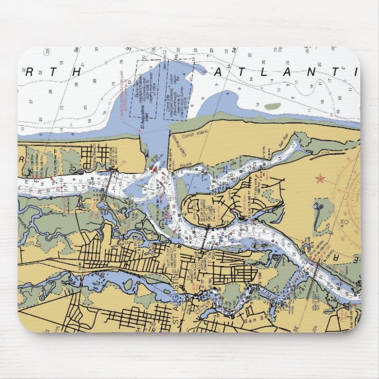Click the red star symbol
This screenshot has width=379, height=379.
(x=320, y=178)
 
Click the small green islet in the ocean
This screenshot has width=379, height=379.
(x=272, y=107)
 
